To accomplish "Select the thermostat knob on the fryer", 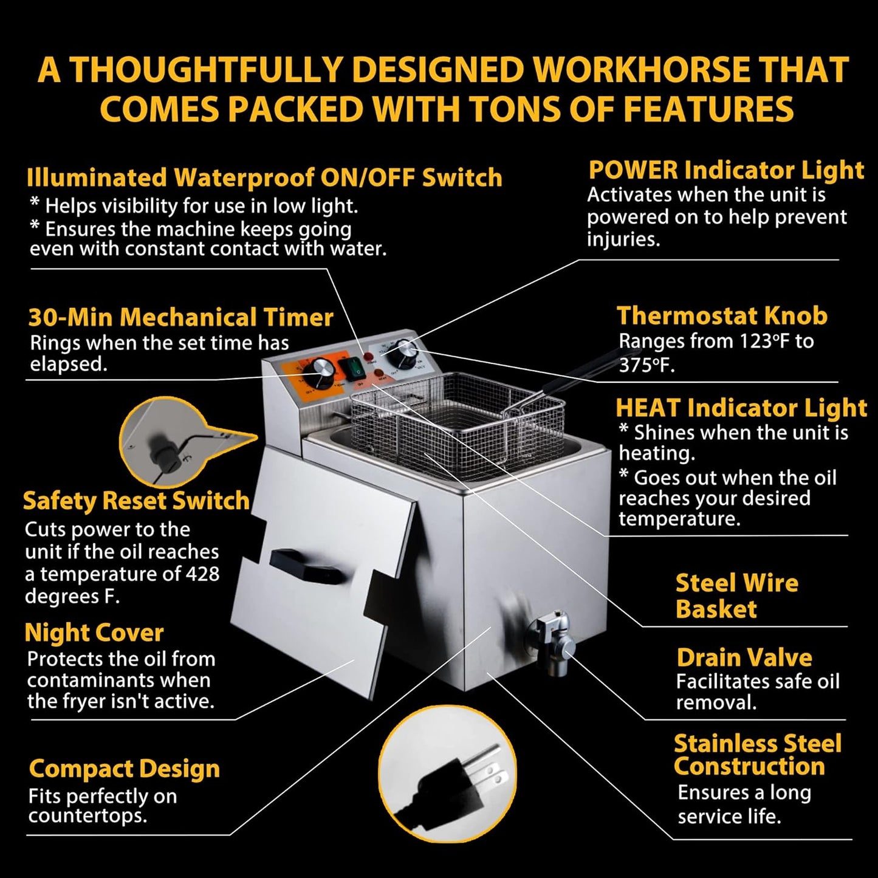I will (406, 351).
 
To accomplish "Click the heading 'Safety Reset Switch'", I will (136, 500).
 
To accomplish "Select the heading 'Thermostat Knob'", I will (722, 315).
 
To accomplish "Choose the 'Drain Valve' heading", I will (744, 657).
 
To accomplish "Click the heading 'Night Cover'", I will (94, 633).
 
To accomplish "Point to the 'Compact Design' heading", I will (125, 769).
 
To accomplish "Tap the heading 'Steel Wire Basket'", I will (736, 596).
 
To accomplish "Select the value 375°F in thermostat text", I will (645, 365).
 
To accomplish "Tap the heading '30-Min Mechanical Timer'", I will (181, 317).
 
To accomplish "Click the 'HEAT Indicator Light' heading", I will (741, 408).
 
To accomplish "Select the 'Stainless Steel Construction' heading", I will (757, 755).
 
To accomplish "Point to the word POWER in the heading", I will (633, 170).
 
